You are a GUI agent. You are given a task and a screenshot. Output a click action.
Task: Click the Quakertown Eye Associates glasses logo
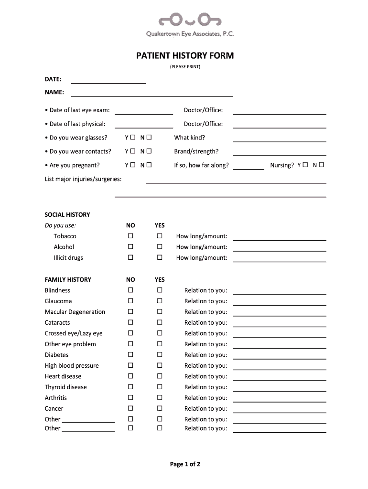pyautogui.click(x=190, y=20)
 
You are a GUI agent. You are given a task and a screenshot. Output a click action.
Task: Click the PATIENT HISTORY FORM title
pyautogui.click(x=185, y=56)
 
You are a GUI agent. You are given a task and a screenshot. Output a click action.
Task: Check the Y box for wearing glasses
pyautogui.click(x=133, y=138)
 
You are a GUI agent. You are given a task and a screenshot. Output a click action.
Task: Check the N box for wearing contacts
pyautogui.click(x=149, y=151)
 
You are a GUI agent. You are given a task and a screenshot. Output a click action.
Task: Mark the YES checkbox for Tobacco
pyautogui.click(x=160, y=236)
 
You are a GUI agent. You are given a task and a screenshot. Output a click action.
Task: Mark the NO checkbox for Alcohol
pyautogui.click(x=130, y=247)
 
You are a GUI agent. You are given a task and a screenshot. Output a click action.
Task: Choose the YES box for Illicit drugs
pyautogui.click(x=160, y=257)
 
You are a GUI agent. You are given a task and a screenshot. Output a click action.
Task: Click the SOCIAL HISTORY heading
pyautogui.click(x=67, y=215)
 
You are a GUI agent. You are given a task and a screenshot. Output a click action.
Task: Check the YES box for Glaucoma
pyautogui.click(x=160, y=301)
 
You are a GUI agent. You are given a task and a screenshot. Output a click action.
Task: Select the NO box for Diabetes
pyautogui.click(x=130, y=355)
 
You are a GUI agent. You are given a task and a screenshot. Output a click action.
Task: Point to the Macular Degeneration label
pyautogui.click(x=75, y=312)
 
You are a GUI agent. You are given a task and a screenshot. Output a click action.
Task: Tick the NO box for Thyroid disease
pyautogui.click(x=130, y=387)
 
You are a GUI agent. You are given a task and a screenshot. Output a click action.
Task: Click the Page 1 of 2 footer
pyautogui.click(x=185, y=464)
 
